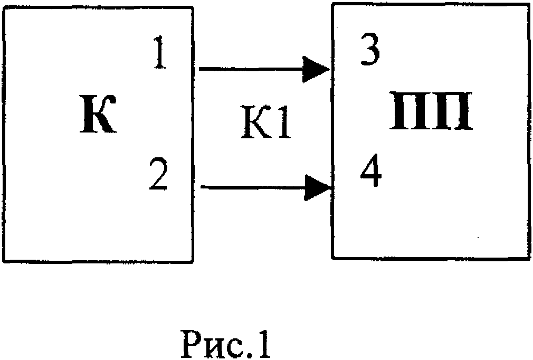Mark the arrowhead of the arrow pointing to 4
tap(319, 187)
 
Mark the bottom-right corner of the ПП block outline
tap(529, 258)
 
